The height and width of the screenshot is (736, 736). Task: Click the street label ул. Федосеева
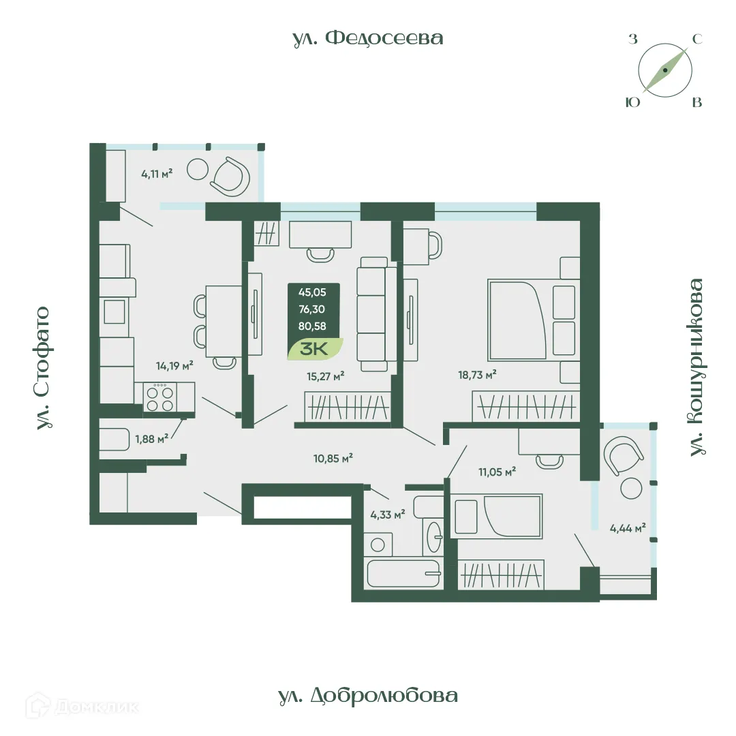(368, 38)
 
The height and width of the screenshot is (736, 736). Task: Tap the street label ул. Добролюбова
(368, 696)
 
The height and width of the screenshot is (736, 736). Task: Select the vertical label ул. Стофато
(43, 368)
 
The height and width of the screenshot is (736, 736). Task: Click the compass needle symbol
(665, 70)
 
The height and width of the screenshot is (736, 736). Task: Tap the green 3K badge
(314, 348)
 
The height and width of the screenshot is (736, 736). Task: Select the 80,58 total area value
(312, 326)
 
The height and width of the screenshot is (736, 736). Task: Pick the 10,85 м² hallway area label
(333, 459)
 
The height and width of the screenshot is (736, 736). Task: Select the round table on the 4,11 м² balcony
(198, 168)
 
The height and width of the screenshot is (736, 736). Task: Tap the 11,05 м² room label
(496, 470)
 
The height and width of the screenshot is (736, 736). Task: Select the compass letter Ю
(632, 102)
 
